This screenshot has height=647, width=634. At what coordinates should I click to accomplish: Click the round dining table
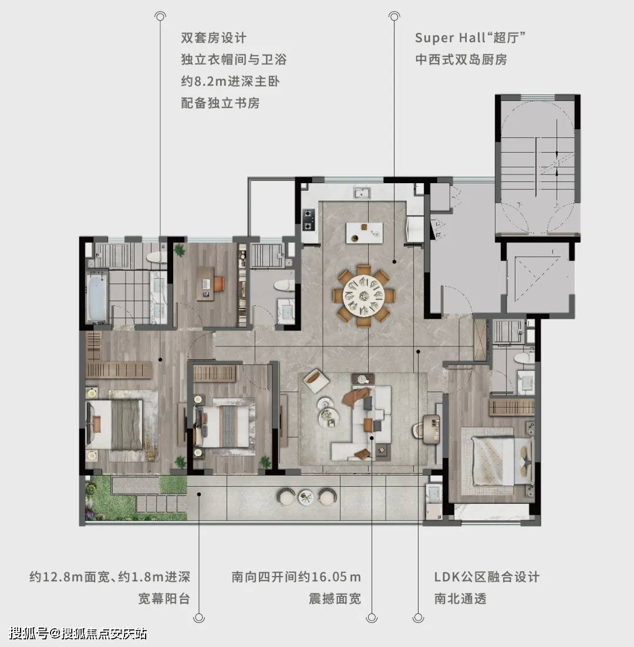(364, 295)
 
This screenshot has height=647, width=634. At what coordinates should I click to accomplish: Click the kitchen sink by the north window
(362, 193)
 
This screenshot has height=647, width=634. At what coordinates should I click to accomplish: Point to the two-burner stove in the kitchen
(308, 220)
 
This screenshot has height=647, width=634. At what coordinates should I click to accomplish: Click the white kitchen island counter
(364, 232)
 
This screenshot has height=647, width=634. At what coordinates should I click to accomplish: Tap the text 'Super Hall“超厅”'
(470, 38)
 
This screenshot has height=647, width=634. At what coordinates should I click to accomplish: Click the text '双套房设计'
(214, 38)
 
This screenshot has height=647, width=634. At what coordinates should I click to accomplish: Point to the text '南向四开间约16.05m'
(296, 577)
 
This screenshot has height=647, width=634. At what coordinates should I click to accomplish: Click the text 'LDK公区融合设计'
(487, 577)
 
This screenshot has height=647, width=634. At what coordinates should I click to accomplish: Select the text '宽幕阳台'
(164, 598)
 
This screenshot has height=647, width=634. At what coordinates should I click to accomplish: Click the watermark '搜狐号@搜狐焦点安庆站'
(78, 633)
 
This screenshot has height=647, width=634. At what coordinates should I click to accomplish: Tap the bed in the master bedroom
(114, 424)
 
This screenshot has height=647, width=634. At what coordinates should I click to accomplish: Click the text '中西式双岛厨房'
(461, 59)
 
